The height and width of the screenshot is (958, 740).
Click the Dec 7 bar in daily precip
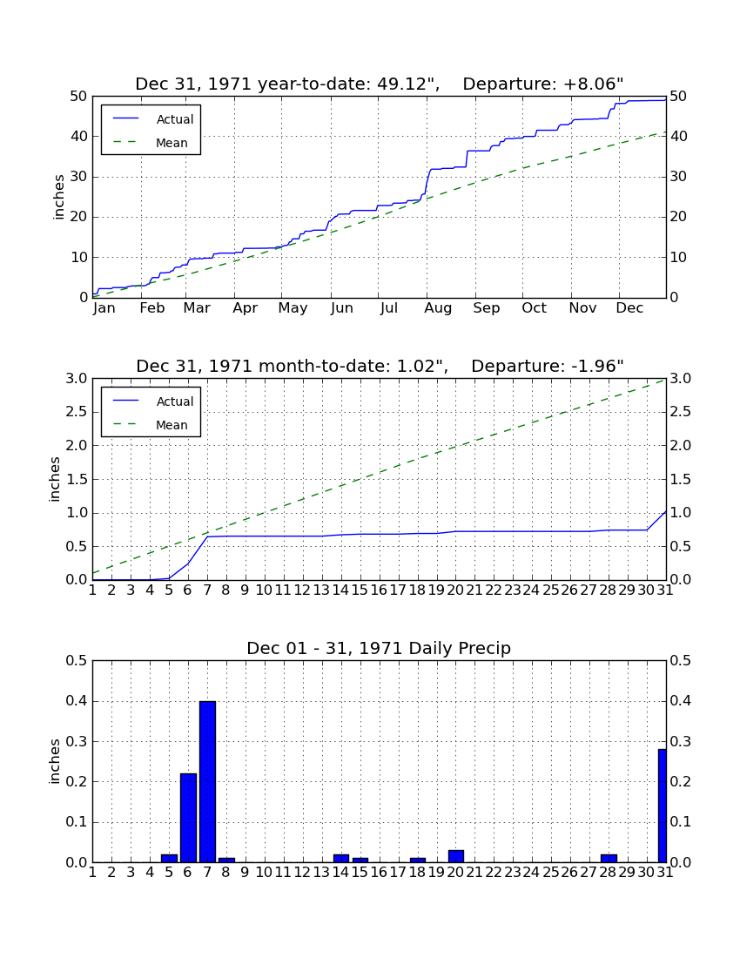point(207,781)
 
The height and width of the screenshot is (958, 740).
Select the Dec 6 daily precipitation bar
point(189,818)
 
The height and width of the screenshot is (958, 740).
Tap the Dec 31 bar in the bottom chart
point(662,806)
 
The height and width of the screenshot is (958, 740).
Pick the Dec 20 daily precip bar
point(456,856)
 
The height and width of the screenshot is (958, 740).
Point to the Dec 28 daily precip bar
point(609,858)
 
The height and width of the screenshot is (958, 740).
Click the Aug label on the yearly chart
point(439,308)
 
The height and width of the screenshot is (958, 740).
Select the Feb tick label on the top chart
point(152,308)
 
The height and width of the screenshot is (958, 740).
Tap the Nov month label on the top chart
point(582,308)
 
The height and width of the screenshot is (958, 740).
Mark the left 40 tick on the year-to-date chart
point(79,136)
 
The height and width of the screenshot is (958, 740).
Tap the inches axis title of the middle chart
point(55,480)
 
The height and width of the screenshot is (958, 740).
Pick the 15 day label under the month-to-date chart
point(360,590)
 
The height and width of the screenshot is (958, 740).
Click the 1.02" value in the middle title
point(422,366)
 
